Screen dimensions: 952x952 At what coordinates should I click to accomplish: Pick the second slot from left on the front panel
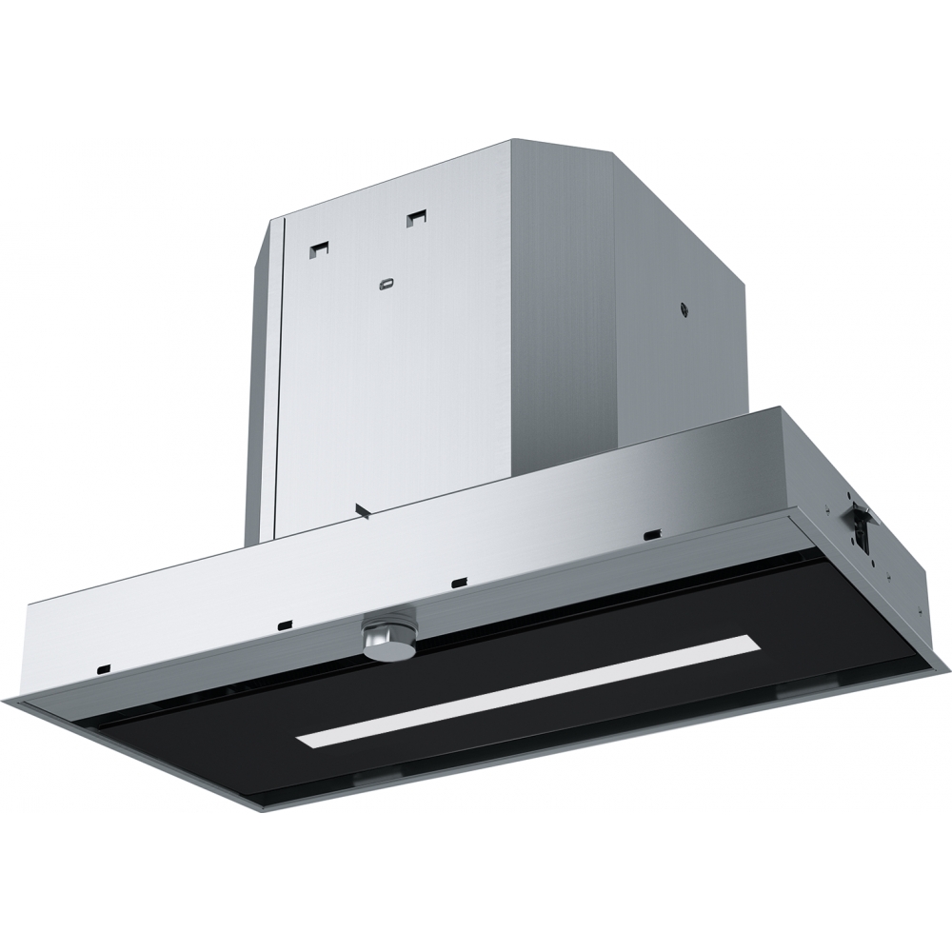(284, 625)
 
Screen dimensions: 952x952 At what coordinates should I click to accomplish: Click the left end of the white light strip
(303, 741)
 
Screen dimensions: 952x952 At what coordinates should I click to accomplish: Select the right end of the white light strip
(757, 643)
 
